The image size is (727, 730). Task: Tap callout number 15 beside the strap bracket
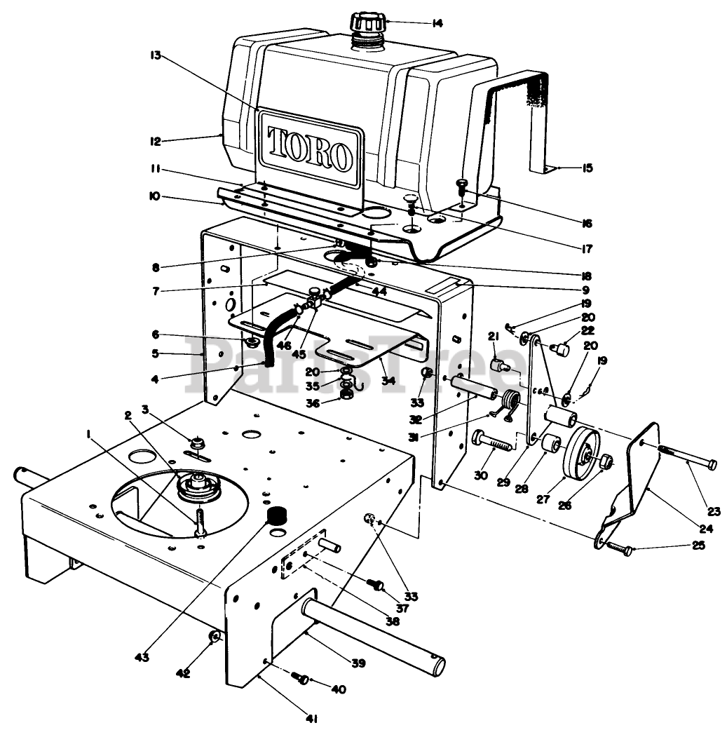tap(587, 168)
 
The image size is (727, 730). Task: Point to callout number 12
tap(155, 141)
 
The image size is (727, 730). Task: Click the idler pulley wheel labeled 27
tap(580, 454)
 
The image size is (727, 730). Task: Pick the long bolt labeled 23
tap(687, 459)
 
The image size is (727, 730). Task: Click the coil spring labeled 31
tap(510, 405)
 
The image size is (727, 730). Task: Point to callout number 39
tap(358, 663)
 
